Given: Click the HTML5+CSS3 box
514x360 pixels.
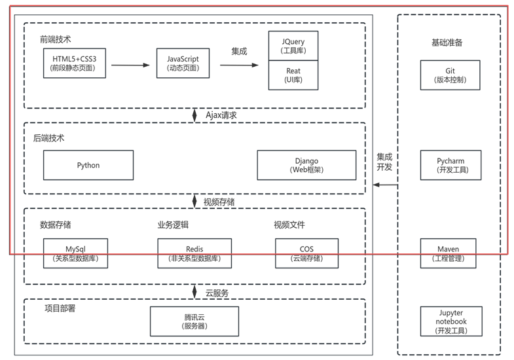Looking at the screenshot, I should coord(74,63).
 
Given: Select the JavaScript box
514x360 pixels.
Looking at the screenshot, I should coord(183,63).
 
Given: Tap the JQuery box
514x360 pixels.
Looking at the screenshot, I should coord(293,46).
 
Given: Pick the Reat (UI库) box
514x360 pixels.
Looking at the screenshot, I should coord(293,75).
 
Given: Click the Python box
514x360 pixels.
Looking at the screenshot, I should coord(88,165).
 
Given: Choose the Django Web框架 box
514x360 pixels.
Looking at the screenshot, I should coord(306,165).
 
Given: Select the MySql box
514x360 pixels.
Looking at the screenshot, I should coord(75,253).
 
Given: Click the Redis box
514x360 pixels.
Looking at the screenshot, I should coord(194,253).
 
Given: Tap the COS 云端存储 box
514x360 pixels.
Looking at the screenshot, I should coord(306,253).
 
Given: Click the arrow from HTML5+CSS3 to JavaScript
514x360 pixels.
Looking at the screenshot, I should coord(130,65).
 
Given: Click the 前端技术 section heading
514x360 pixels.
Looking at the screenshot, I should coord(56,40).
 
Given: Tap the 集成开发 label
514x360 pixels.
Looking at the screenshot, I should coord(384,162).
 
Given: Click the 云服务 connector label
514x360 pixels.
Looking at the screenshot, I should coord(217,293).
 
